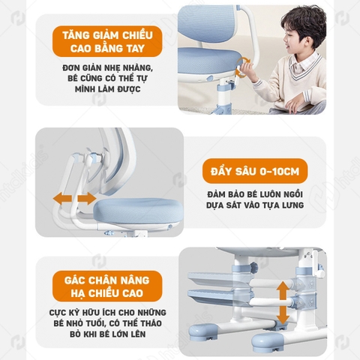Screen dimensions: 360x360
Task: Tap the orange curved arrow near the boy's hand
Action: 241,69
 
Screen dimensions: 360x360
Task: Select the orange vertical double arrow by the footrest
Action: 281,303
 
